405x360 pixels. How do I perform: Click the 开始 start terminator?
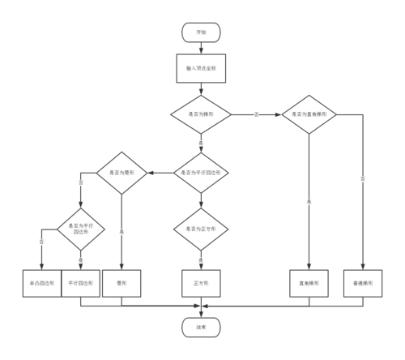[x=201, y=32]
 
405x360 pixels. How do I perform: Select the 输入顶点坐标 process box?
[x=201, y=69]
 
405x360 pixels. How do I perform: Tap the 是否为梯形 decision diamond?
[x=201, y=114]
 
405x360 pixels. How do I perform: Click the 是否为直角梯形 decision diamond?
[x=309, y=114]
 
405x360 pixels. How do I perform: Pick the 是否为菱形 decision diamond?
[x=122, y=172]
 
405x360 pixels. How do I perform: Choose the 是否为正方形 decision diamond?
[x=201, y=229]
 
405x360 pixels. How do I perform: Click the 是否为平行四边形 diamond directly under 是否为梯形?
[x=201, y=172]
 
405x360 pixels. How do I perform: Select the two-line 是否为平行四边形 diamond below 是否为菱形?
[x=81, y=229]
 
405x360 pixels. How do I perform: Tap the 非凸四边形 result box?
[x=40, y=283]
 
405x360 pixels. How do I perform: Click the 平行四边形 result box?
[x=81, y=283]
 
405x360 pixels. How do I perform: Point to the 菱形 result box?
[x=122, y=283]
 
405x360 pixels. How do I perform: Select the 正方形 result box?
[x=201, y=283]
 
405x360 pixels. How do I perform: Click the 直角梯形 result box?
[x=309, y=283]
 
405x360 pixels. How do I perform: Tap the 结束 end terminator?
[x=201, y=327]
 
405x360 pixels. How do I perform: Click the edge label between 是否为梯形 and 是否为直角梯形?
[x=256, y=115]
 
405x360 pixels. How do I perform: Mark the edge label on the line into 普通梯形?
[x=362, y=178]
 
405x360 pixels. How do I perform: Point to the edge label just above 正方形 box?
[x=201, y=260]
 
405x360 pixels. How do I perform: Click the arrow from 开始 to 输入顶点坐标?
[x=201, y=48]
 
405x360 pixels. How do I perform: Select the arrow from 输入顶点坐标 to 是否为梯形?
[x=201, y=89]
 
